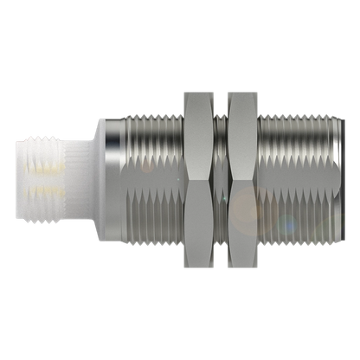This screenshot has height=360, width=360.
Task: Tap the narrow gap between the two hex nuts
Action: [222, 179]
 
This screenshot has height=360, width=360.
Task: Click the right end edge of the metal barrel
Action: [337, 179]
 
